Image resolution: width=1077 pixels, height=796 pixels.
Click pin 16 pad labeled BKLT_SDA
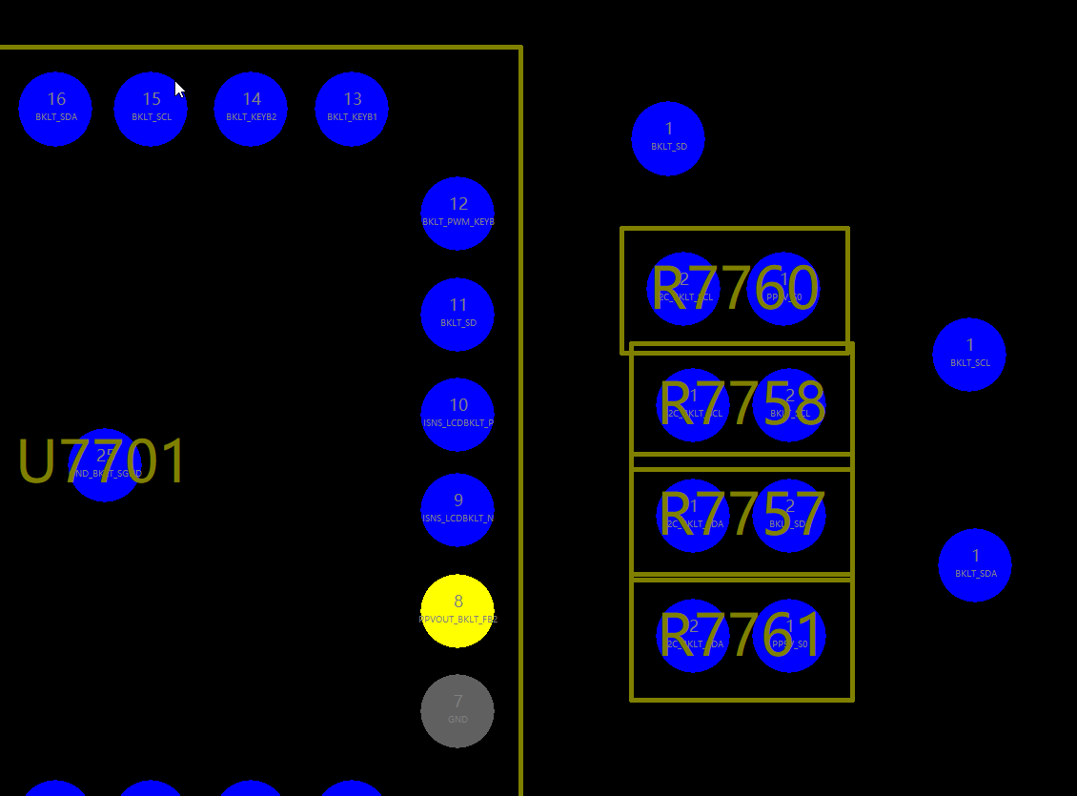point(55,109)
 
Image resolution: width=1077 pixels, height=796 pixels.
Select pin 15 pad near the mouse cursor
point(151,109)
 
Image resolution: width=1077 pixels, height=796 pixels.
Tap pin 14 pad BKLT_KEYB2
point(251,109)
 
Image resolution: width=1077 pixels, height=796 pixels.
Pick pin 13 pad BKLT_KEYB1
point(352,109)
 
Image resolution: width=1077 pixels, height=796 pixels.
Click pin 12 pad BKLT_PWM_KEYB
point(457,214)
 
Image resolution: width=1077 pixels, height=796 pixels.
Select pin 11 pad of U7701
point(457,314)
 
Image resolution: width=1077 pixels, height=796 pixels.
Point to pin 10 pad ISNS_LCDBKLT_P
point(457,415)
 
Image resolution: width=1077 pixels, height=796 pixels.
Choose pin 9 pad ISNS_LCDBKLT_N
point(457,510)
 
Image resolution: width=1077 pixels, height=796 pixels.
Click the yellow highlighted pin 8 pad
point(457,611)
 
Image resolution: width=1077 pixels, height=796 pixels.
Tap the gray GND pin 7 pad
point(457,710)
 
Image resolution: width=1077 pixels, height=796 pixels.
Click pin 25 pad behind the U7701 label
point(105,464)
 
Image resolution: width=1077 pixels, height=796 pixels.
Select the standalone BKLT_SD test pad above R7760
point(668,139)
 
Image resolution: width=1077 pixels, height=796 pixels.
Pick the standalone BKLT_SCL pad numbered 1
point(969,355)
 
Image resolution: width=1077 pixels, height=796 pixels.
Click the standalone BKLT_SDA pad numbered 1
point(975,565)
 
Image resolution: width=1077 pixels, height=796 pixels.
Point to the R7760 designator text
point(734,288)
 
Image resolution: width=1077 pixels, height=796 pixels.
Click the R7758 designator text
point(742,404)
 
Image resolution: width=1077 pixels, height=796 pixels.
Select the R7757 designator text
point(742,516)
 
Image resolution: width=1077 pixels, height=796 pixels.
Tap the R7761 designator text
point(741,635)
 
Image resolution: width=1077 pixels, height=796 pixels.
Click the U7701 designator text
point(102,462)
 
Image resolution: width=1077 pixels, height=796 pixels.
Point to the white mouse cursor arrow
point(179,89)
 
